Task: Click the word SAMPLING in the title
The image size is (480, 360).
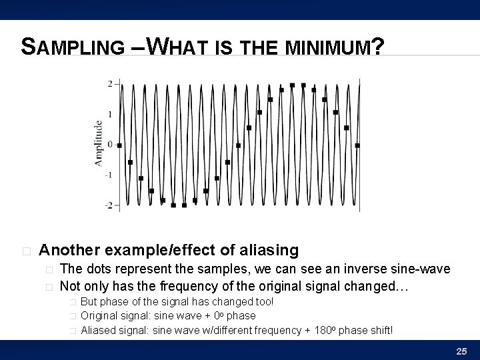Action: click(x=73, y=47)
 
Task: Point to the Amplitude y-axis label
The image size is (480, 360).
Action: click(x=99, y=143)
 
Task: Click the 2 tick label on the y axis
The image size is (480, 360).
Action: click(x=110, y=83)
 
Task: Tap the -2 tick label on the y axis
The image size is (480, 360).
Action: click(x=109, y=205)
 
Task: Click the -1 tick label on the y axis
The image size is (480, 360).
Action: click(x=109, y=175)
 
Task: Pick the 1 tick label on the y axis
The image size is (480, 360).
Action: click(x=110, y=114)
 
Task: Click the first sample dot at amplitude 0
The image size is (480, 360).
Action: click(x=119, y=145)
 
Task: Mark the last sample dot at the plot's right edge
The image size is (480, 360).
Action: click(x=357, y=145)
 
